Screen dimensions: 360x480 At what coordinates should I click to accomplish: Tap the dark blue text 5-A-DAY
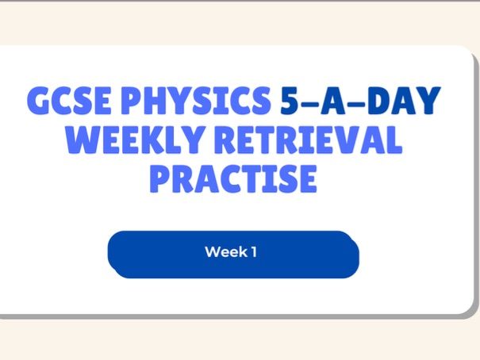pos(361,101)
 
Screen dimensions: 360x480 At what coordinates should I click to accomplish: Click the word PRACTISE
pos(233,179)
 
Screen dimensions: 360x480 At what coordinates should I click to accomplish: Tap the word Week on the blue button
pos(224,253)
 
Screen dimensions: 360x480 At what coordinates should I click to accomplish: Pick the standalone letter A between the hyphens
pos(346,101)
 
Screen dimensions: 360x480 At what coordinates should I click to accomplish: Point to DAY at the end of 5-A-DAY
pos(408,101)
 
